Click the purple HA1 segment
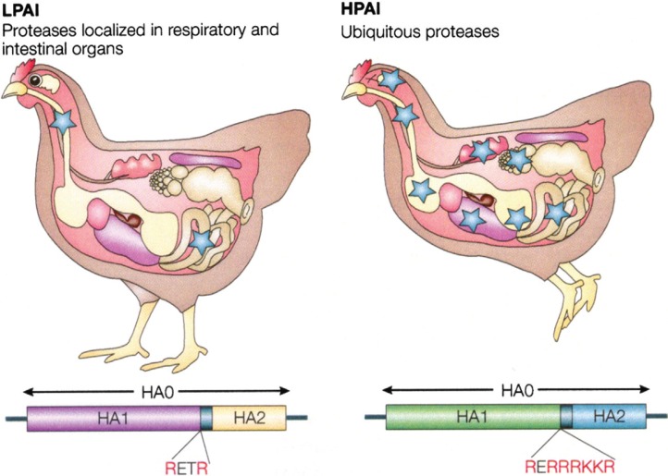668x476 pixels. click(x=113, y=418)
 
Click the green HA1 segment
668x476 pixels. click(x=473, y=417)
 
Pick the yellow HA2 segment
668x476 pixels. click(x=249, y=418)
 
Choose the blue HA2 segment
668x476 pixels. click(x=609, y=417)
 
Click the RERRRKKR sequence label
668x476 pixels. click(x=570, y=466)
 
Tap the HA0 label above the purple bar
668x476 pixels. click(x=157, y=392)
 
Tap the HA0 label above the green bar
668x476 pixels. click(x=516, y=390)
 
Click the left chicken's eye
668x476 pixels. click(x=34, y=79)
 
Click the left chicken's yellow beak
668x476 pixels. click(x=13, y=90)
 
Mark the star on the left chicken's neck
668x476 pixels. click(x=63, y=122)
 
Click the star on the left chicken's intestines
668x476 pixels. click(x=202, y=242)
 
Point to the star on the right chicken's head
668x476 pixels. click(x=390, y=79)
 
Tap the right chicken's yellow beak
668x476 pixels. click(x=353, y=92)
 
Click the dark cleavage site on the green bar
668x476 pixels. click(x=566, y=417)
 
